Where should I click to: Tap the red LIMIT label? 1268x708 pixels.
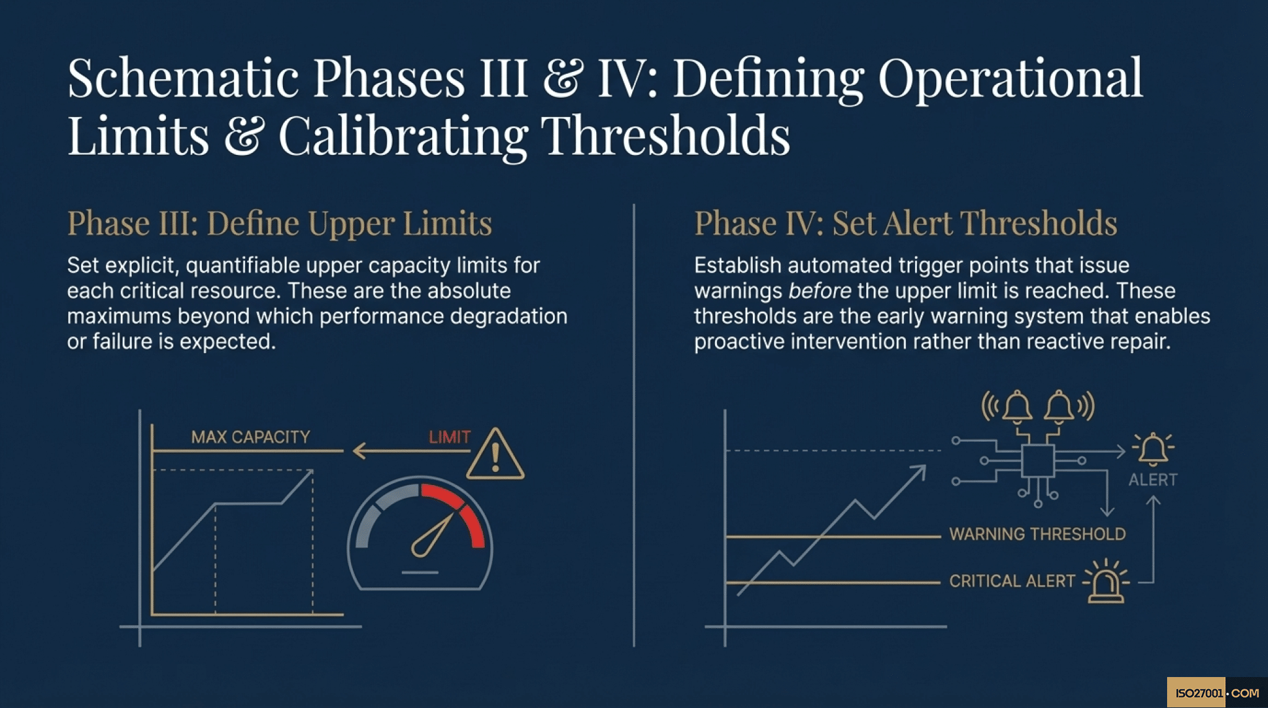pyautogui.click(x=449, y=437)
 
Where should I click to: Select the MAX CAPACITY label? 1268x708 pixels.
pyautogui.click(x=250, y=437)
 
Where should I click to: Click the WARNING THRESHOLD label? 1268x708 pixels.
pyautogui.click(x=1037, y=534)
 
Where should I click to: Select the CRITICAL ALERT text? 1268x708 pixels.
pyautogui.click(x=1012, y=581)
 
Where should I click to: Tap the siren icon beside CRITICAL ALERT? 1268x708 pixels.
pyautogui.click(x=1106, y=582)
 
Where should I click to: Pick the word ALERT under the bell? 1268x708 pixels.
pyautogui.click(x=1153, y=480)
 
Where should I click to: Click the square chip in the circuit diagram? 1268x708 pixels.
pyautogui.click(x=1038, y=460)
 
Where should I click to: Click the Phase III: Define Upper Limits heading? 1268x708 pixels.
pyautogui.click(x=279, y=223)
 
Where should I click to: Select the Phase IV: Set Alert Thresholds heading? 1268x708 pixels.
pyautogui.click(x=905, y=223)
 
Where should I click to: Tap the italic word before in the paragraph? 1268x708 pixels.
pyautogui.click(x=820, y=291)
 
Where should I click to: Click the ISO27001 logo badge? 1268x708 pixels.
pyautogui.click(x=1216, y=693)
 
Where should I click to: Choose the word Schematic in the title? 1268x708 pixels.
pyautogui.click(x=183, y=78)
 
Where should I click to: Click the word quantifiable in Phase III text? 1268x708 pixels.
pyautogui.click(x=243, y=265)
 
